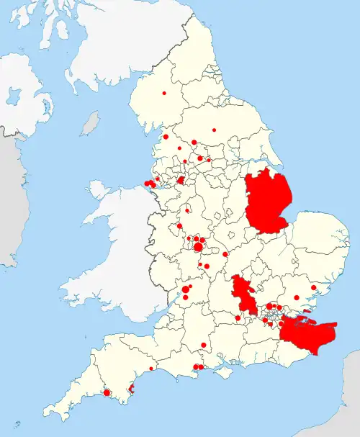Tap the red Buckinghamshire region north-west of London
[243, 295]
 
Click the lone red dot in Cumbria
[164, 94]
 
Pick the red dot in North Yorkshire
[214, 130]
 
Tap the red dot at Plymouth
[107, 393]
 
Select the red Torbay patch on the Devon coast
[130, 389]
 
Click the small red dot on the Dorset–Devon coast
[150, 369]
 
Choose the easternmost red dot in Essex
[313, 289]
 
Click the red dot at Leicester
[225, 254]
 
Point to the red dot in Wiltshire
[204, 346]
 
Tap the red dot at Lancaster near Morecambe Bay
[166, 137]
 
